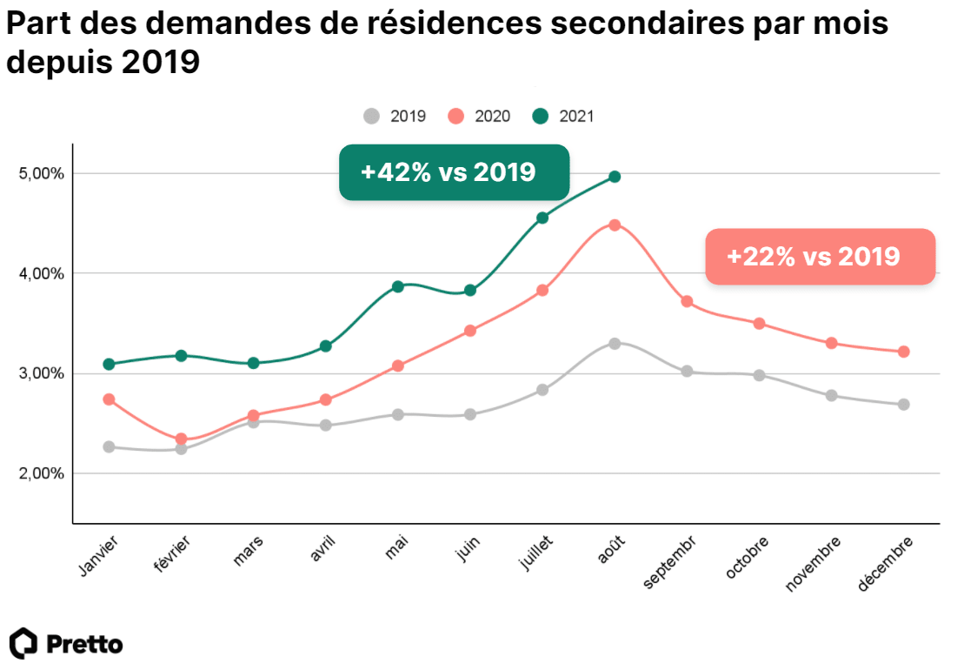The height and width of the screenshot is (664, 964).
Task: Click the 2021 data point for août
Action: tap(615, 177)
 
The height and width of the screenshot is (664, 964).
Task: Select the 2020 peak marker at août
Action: tap(615, 225)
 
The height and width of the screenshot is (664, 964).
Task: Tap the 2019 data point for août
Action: tap(615, 344)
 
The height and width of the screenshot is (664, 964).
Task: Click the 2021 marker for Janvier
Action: tap(109, 364)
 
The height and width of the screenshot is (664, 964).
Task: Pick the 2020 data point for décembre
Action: tap(903, 352)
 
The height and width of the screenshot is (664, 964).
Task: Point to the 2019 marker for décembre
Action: tap(903, 405)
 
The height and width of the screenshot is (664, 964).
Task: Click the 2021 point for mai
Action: tap(398, 286)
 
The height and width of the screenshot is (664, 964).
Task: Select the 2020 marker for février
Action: tap(181, 439)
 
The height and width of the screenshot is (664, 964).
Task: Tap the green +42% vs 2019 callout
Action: tap(454, 172)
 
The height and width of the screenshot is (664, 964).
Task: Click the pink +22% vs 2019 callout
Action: tap(820, 257)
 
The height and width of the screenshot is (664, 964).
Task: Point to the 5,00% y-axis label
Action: tap(42, 173)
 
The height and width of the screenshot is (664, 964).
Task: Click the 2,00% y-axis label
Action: tap(42, 473)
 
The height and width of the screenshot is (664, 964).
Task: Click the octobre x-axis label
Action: tap(747, 559)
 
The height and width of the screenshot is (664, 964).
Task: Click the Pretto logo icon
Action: tap(23, 643)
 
